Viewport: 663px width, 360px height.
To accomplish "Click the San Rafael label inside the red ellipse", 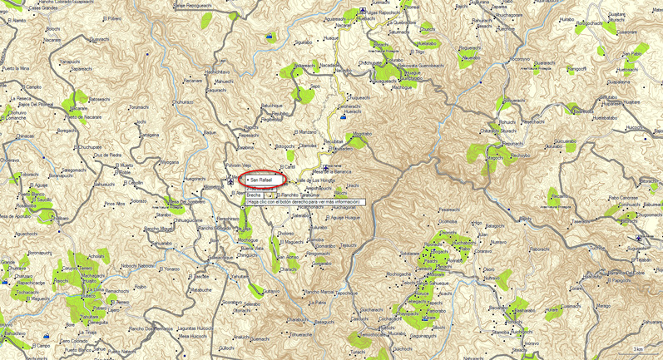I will tap(260, 179).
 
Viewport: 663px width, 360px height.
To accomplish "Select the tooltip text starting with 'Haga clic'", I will tap(303, 202).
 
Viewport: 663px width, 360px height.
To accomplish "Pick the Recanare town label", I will tap(193, 81).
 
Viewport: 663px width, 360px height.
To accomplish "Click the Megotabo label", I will tap(362, 133).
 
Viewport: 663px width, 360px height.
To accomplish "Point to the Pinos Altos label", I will tap(114, 203).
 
